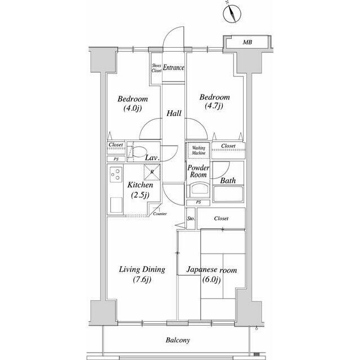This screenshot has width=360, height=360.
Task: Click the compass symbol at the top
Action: click(232, 13)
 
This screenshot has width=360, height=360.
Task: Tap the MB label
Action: click(247, 42)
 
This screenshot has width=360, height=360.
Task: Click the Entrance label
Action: click(174, 67)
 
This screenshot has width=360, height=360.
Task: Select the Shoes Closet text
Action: click(156, 68)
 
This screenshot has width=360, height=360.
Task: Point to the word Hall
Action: click(174, 113)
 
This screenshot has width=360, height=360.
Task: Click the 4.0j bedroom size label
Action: click(133, 108)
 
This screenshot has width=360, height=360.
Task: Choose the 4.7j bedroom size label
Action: click(214, 106)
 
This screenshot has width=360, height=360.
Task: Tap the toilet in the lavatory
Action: click(137, 152)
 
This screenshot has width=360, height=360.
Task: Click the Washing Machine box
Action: click(199, 150)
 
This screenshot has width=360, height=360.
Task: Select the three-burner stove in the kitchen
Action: click(116, 174)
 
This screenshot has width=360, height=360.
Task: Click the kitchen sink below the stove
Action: click(116, 205)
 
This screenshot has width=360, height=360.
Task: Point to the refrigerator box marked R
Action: click(152, 172)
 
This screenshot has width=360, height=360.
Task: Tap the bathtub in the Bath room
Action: click(228, 194)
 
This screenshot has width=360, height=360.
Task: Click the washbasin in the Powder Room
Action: click(199, 190)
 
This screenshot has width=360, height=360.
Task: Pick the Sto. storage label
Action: click(191, 218)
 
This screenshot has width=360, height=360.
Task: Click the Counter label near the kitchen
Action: click(160, 214)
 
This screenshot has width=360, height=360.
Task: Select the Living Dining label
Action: click(142, 269)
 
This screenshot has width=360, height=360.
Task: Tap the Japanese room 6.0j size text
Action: click(211, 280)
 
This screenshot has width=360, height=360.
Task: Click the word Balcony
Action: click(178, 340)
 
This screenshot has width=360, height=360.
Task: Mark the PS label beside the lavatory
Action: click(116, 159)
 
